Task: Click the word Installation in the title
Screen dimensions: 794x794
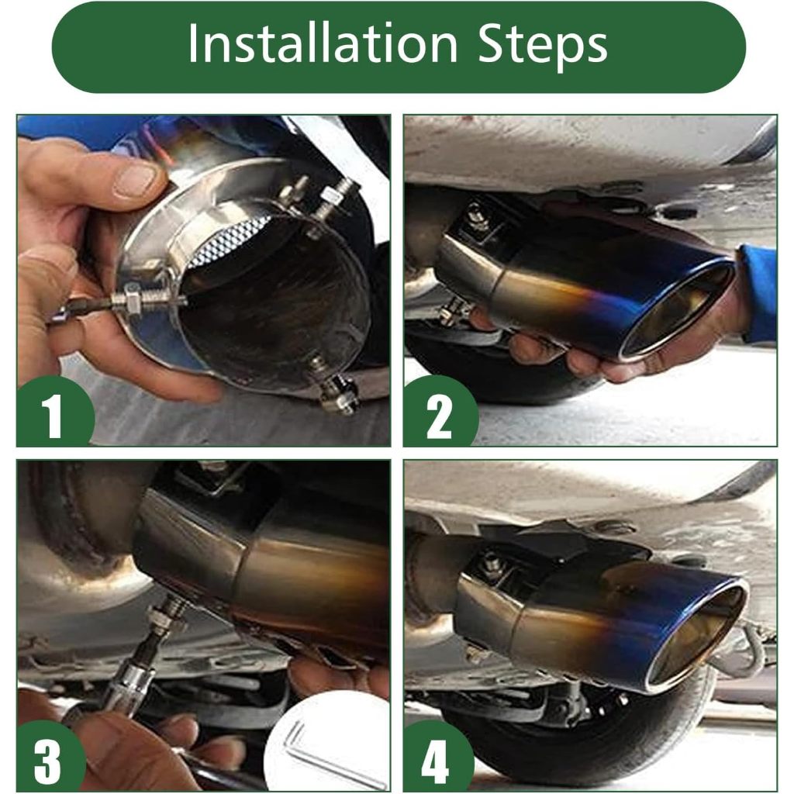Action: point(323,43)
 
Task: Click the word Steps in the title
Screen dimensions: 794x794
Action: point(542,47)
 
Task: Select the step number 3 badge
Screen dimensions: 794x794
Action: point(48,758)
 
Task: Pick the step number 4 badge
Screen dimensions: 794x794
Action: point(436,758)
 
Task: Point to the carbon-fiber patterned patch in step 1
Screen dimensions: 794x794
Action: point(231,238)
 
